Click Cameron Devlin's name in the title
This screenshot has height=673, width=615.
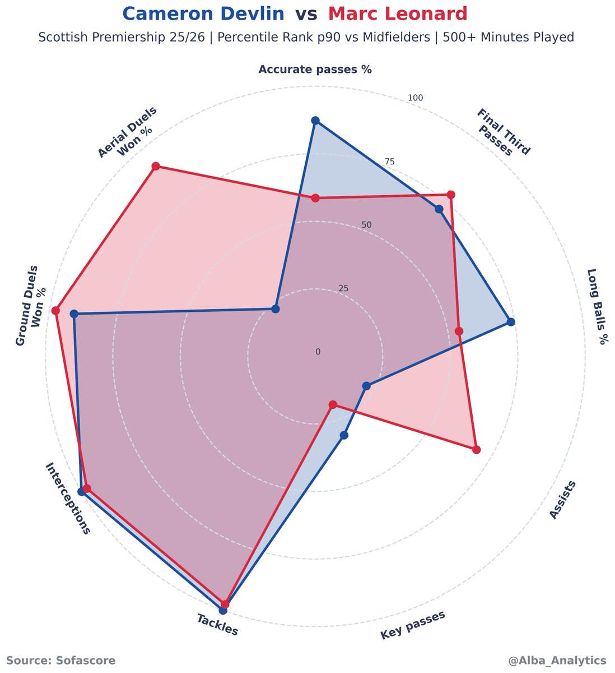tap(203, 13)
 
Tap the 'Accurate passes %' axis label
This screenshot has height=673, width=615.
tap(315, 70)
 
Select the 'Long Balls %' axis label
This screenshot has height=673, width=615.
tap(598, 306)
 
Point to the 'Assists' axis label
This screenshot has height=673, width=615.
tap(562, 500)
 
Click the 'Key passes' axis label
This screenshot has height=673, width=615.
tap(413, 625)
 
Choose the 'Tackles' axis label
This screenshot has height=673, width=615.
tap(217, 625)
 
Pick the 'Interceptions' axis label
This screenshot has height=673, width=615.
tap(67, 499)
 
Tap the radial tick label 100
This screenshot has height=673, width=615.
tap(415, 98)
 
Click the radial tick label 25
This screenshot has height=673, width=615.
tap(343, 289)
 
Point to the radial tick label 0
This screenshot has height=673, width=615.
tap(318, 352)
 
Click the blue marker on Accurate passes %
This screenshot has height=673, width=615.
tap(315, 121)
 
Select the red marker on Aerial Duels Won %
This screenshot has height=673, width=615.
tap(156, 166)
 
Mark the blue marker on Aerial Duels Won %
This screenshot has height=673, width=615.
tap(275, 309)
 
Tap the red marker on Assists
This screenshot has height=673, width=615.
tap(476, 449)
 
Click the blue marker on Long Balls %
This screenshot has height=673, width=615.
tap(510, 322)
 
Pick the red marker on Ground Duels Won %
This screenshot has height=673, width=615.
tap(55, 311)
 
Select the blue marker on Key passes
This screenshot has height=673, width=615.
tap(344, 435)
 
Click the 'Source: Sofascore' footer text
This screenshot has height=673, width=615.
tap(61, 661)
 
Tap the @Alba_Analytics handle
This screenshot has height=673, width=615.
tap(557, 661)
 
